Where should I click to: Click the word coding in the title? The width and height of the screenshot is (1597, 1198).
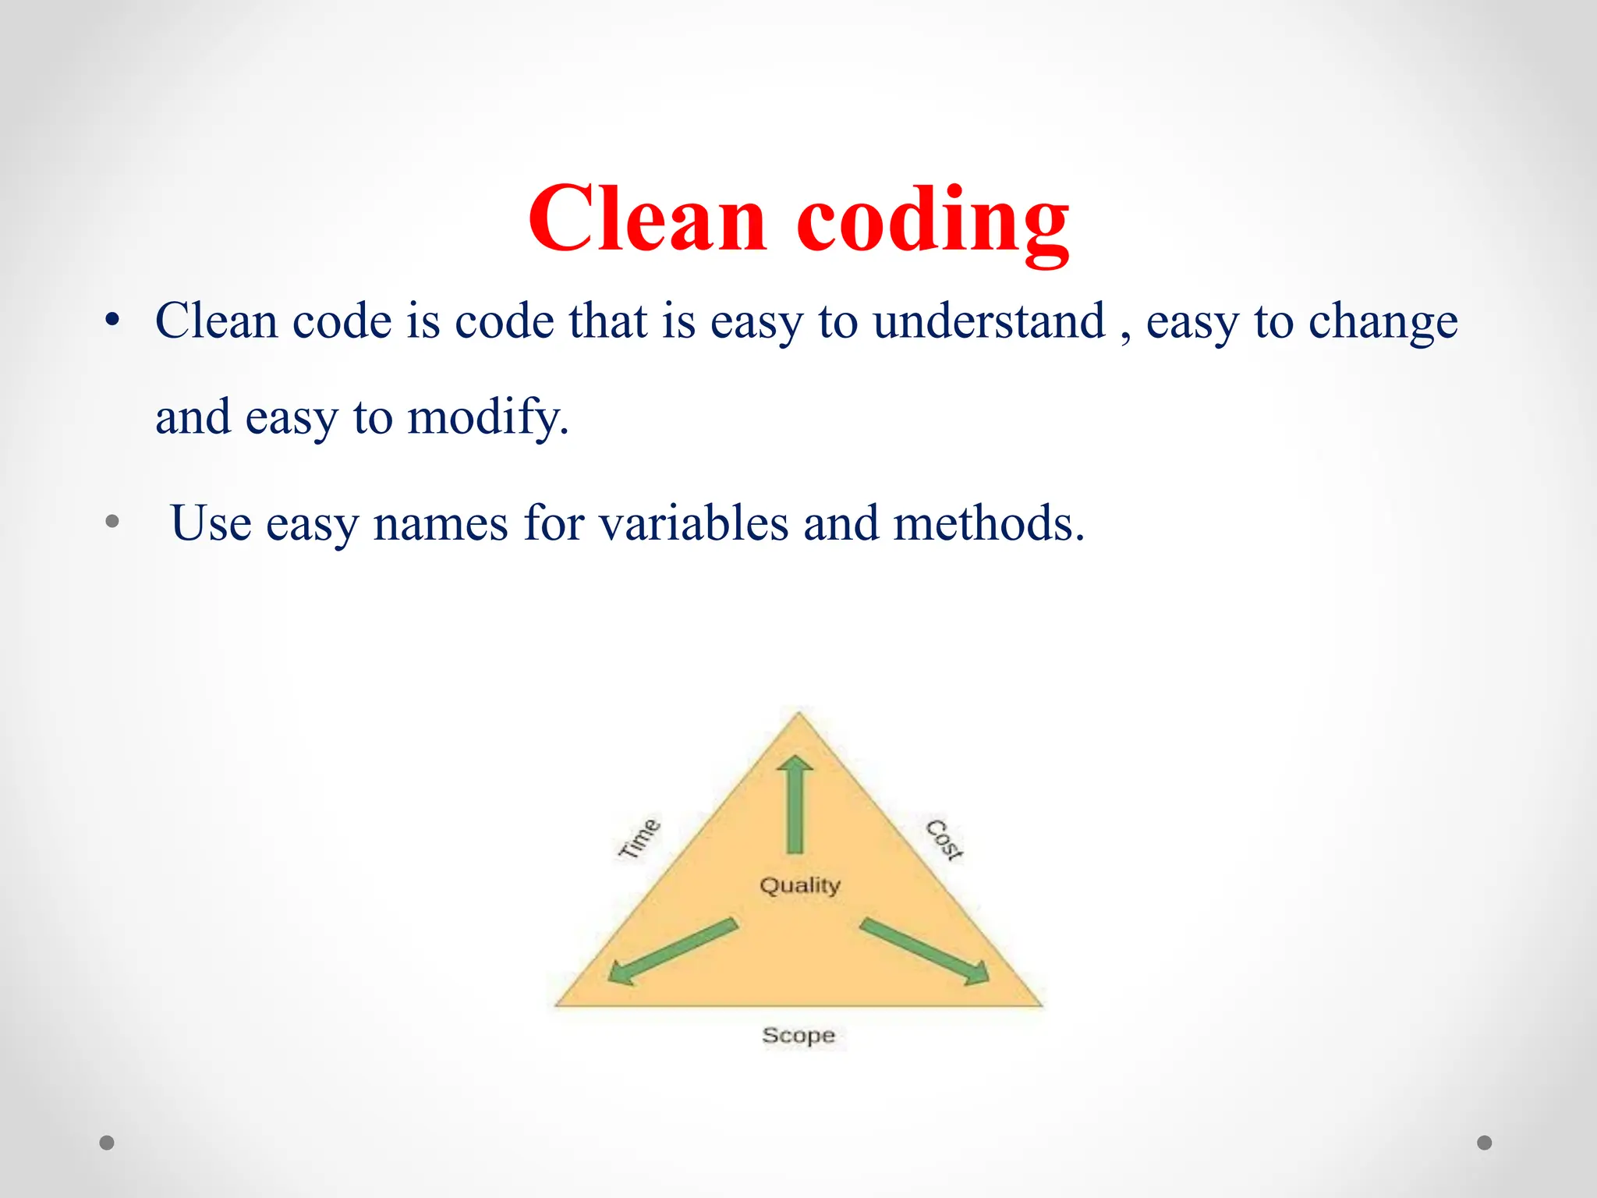tap(933, 222)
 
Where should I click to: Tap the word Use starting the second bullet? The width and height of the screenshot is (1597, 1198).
tap(211, 523)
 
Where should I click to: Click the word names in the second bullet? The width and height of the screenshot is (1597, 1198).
tap(441, 524)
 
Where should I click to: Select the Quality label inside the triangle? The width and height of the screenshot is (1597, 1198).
tap(800, 886)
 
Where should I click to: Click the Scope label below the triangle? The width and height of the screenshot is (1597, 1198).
tap(798, 1036)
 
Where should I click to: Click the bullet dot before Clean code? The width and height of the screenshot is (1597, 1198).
tap(112, 321)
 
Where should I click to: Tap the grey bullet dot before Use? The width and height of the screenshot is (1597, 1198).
tap(112, 521)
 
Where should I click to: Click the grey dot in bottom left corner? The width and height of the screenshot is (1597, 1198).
tap(107, 1143)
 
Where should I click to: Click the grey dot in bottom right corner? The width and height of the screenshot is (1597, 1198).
tap(1485, 1143)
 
